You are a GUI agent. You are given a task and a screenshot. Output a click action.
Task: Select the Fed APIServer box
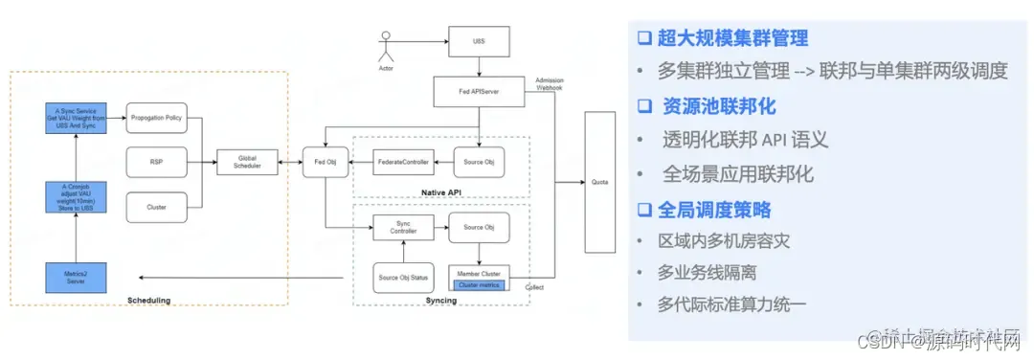[x=480, y=93]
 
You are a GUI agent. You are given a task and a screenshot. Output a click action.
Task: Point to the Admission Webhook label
[x=549, y=85]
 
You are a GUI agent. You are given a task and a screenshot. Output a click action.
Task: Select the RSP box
[x=157, y=162]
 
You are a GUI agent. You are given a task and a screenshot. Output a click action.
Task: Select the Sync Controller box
[x=403, y=227]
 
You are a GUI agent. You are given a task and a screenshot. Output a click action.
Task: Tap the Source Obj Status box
[x=403, y=278]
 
